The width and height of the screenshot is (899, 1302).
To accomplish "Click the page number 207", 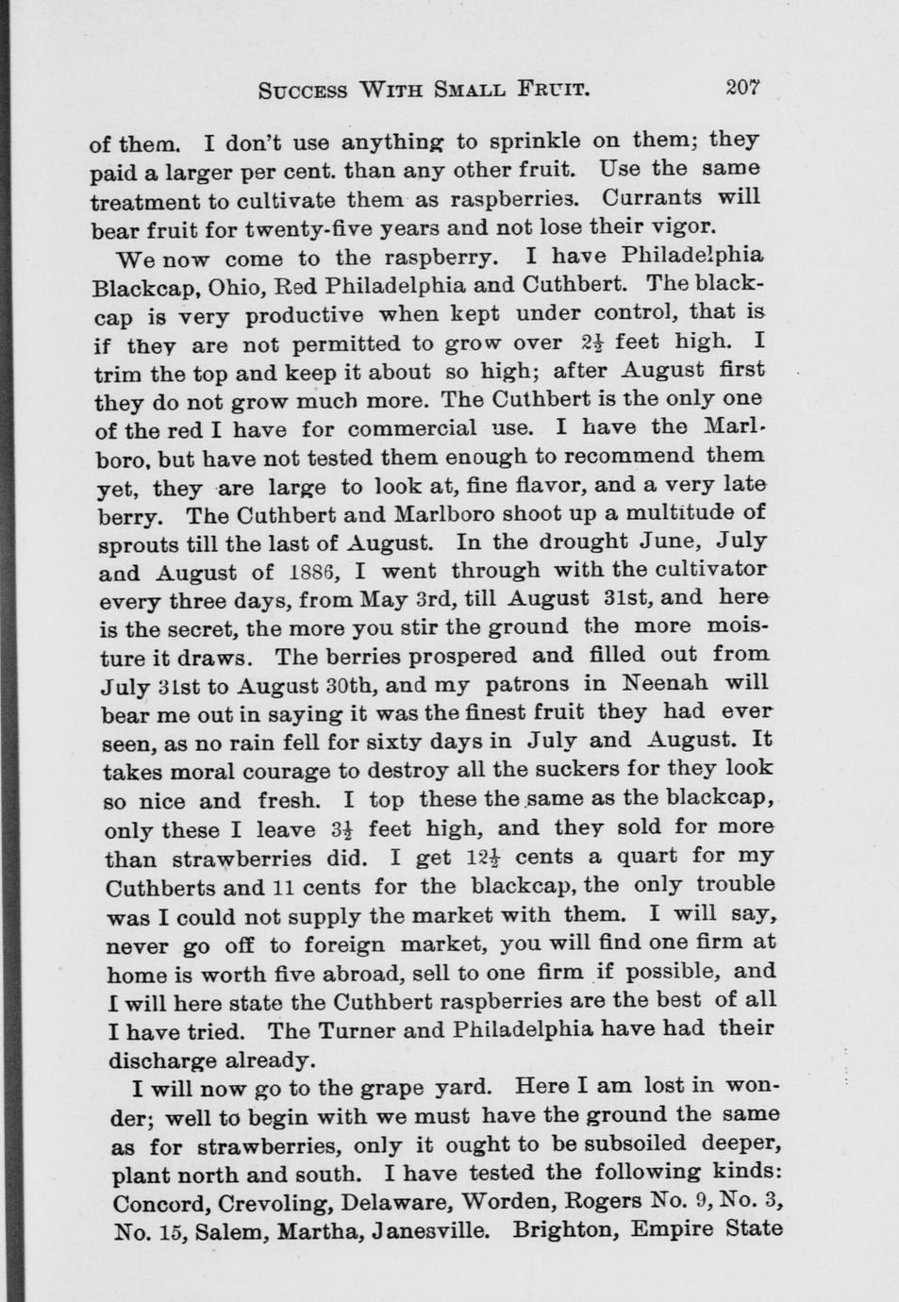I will tap(742, 87).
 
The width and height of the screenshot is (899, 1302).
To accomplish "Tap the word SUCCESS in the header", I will tap(303, 92).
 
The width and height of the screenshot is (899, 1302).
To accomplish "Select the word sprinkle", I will tap(532, 142).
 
